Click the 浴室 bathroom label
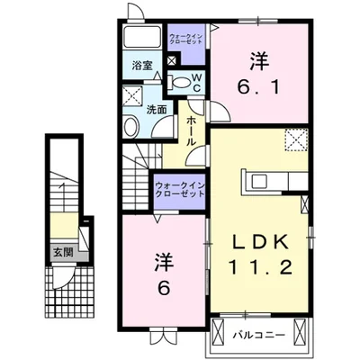[x=142, y=66]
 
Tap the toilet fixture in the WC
[x=179, y=83]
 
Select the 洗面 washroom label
[x=156, y=110]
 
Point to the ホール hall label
[x=192, y=131]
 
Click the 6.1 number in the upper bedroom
[x=259, y=87]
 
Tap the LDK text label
[x=259, y=242]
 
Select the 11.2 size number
[x=260, y=267]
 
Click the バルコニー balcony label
[x=259, y=335]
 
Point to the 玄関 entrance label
[x=63, y=253]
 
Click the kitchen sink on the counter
[x=258, y=181]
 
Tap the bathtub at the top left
[x=142, y=37]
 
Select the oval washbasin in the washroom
[x=130, y=127]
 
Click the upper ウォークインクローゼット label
[x=186, y=40]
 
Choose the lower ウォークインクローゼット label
[x=179, y=190]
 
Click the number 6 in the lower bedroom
[x=165, y=288]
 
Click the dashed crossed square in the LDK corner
[x=296, y=139]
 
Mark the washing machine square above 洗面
[x=132, y=95]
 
